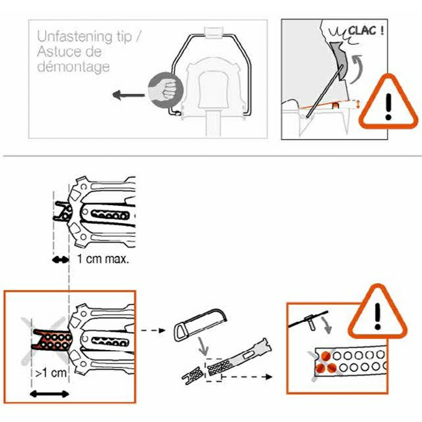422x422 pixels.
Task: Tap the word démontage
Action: pos(73,66)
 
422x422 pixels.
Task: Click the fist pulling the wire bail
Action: pos(166,90)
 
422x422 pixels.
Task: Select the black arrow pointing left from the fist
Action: pos(129,95)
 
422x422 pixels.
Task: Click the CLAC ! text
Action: pos(366,31)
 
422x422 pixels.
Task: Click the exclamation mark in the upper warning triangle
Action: pos(388,106)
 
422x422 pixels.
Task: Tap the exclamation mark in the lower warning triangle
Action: pos(378,316)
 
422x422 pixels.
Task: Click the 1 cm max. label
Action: pos(103,259)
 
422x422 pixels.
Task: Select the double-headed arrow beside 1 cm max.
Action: pos(60,260)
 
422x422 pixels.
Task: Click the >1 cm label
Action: pos(51,373)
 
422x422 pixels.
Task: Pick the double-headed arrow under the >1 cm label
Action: pos(49,394)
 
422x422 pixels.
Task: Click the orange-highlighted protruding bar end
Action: pos(52,340)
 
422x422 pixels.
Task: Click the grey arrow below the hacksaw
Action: pos(203,346)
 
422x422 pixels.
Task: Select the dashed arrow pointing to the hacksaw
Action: pos(153,330)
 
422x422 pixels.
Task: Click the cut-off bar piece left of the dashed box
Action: pos(193,375)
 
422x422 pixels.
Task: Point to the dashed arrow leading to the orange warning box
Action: pos(247,377)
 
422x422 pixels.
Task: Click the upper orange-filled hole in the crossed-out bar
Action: pos(326,356)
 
